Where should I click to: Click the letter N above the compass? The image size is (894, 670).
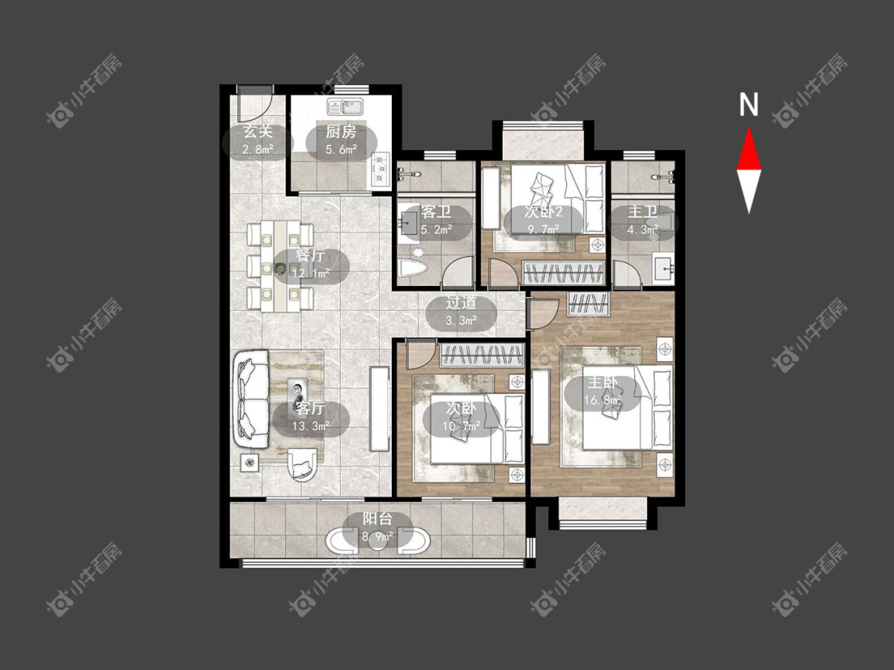tap(749, 104)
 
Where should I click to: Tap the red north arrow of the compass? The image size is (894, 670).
tap(749, 149)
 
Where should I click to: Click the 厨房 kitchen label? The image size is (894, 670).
tap(341, 132)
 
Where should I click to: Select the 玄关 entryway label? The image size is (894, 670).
tap(257, 132)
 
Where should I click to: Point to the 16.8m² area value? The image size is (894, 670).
tap(602, 401)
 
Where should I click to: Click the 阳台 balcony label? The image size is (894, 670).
tap(377, 519)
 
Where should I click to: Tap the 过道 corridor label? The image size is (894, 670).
tap(461, 303)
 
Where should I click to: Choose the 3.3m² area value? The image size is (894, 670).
tap(461, 320)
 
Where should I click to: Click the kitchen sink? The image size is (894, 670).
tap(346, 107)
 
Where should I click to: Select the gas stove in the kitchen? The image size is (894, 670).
tap(380, 169)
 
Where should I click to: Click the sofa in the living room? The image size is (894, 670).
tap(251, 399)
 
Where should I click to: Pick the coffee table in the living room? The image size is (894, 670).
tap(299, 393)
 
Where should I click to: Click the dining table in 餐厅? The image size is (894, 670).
tap(281, 266)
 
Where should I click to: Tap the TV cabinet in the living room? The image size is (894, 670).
tap(379, 409)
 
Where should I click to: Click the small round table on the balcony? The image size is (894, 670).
tap(377, 540)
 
